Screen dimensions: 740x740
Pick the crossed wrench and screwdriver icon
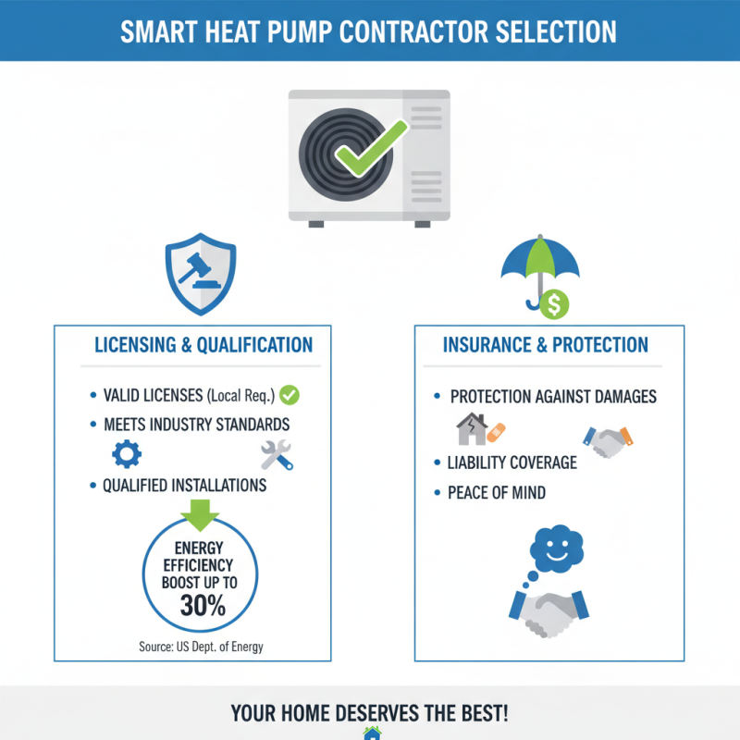[276, 454]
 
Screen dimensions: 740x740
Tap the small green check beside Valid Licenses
[290, 396]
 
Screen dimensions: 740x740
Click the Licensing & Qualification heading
[203, 345]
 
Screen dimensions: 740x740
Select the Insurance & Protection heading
[546, 345]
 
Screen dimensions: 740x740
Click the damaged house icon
[472, 429]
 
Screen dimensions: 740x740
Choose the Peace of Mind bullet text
[497, 493]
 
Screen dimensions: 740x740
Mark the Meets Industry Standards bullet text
[196, 425]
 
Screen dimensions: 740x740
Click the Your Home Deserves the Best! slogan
[370, 714]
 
